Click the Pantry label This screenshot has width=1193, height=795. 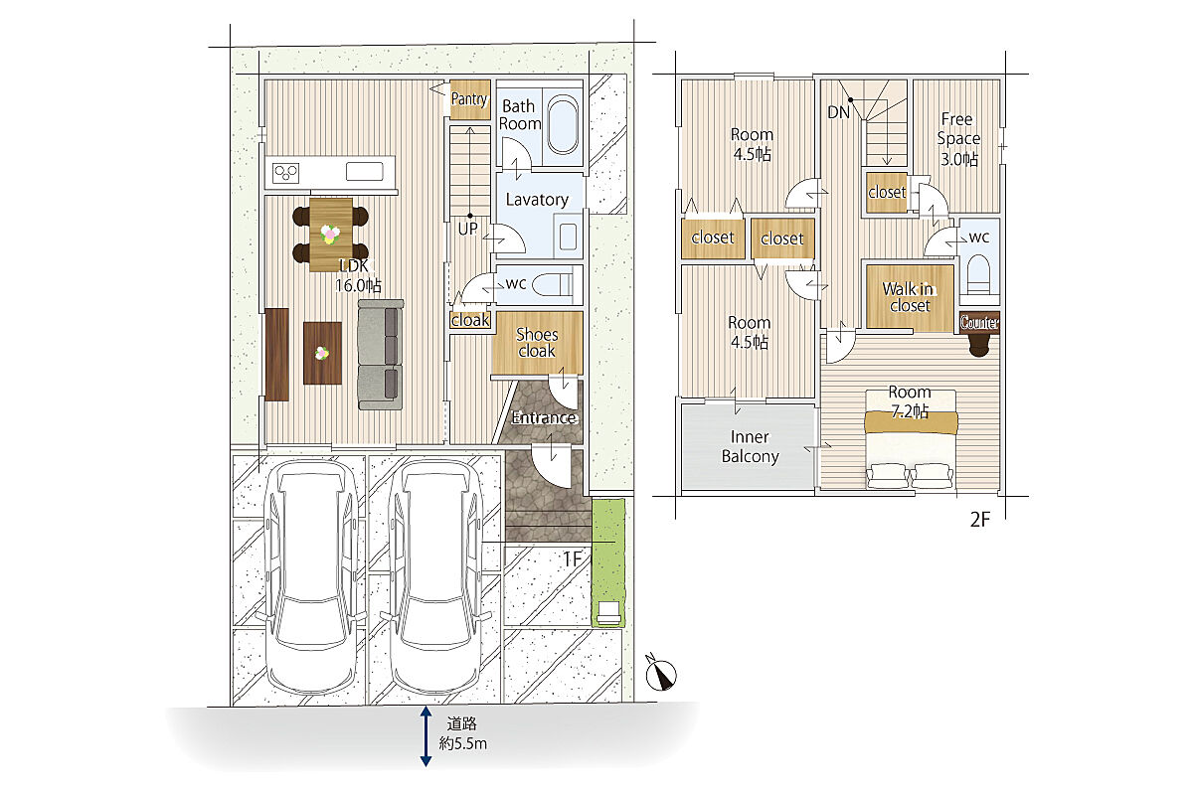pyautogui.click(x=469, y=99)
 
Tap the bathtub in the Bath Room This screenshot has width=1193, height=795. pyautogui.click(x=563, y=124)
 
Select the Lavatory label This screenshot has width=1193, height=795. pyautogui.click(x=537, y=200)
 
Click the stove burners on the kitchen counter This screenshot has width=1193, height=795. pyautogui.click(x=286, y=173)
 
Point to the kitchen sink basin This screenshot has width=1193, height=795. pyautogui.click(x=364, y=172)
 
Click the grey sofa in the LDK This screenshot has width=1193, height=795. pyautogui.click(x=380, y=355)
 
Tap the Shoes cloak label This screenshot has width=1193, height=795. pyautogui.click(x=537, y=343)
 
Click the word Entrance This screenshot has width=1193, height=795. pyautogui.click(x=544, y=418)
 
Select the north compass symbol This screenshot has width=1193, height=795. pyautogui.click(x=660, y=674)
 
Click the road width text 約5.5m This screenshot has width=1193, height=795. pyautogui.click(x=463, y=743)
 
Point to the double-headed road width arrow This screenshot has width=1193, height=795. pyautogui.click(x=426, y=736)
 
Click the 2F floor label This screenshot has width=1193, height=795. pyautogui.click(x=980, y=520)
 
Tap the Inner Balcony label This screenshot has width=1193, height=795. pyautogui.click(x=750, y=447)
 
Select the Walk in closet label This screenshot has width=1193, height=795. pyautogui.click(x=909, y=297)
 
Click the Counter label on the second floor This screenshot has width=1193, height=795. pyautogui.click(x=979, y=322)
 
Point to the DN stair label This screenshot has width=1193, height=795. pyautogui.click(x=838, y=112)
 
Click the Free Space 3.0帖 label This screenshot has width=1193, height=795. pyautogui.click(x=958, y=139)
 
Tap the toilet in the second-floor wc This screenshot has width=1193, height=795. pyautogui.click(x=978, y=273)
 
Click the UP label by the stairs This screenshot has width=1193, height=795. pyautogui.click(x=467, y=229)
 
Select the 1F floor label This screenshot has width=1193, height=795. pyautogui.click(x=572, y=559)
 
